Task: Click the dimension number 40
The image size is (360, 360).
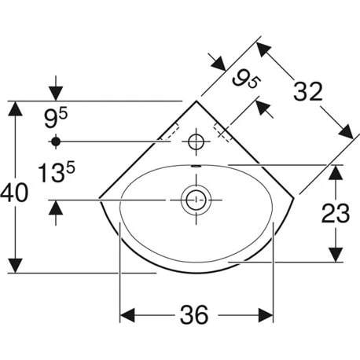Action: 14,193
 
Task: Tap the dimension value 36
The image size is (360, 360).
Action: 194,314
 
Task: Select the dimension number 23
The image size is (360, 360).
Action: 336,213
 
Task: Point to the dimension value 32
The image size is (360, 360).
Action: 308,91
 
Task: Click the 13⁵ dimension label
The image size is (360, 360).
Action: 57,171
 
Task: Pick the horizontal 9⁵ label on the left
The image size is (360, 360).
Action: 56,119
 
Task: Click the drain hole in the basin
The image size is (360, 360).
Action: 196,200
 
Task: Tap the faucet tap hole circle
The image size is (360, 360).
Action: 197,141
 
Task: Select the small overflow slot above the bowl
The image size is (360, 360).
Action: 197,166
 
